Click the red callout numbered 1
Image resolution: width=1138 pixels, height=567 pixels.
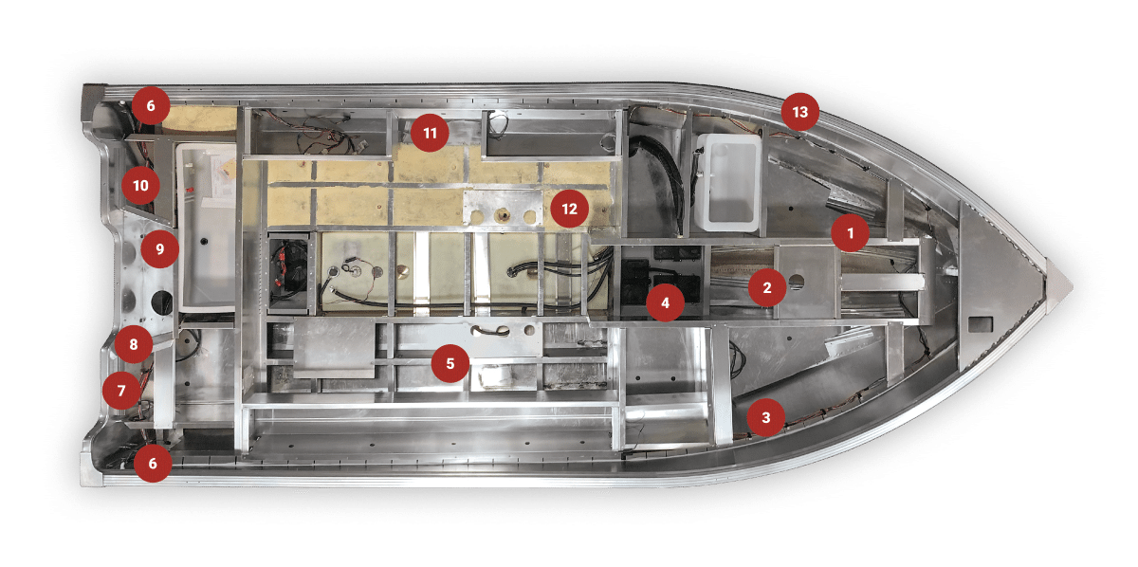click(x=851, y=232)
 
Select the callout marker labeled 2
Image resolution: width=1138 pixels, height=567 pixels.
click(x=767, y=287)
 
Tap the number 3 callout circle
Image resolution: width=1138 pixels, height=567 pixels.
click(x=766, y=417)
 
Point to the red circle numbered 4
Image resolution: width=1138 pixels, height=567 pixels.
click(x=665, y=302)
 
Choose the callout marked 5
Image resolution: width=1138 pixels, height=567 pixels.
click(x=450, y=363)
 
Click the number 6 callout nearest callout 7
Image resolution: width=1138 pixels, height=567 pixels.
click(x=153, y=463)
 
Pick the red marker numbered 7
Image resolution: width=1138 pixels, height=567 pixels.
click(x=121, y=391)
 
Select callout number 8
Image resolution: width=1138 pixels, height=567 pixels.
click(x=134, y=344)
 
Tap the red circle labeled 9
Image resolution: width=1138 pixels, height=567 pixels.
click(x=160, y=248)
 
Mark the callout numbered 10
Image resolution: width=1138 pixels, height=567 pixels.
click(x=140, y=185)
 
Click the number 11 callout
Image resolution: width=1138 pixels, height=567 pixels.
click(x=430, y=133)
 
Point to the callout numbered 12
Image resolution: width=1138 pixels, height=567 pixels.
click(x=570, y=209)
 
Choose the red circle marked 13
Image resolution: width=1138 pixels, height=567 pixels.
click(x=800, y=112)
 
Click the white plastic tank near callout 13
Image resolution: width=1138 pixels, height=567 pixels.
click(x=728, y=182)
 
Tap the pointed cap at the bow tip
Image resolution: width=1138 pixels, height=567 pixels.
click(x=1058, y=286)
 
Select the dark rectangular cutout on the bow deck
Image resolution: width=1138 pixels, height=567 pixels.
click(x=981, y=324)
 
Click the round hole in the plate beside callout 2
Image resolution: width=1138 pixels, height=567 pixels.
click(x=797, y=281)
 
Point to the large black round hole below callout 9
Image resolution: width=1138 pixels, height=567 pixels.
click(x=161, y=302)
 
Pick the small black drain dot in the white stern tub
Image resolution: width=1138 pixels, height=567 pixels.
click(x=204, y=242)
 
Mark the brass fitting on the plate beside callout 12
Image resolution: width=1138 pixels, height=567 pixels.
click(x=504, y=215)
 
